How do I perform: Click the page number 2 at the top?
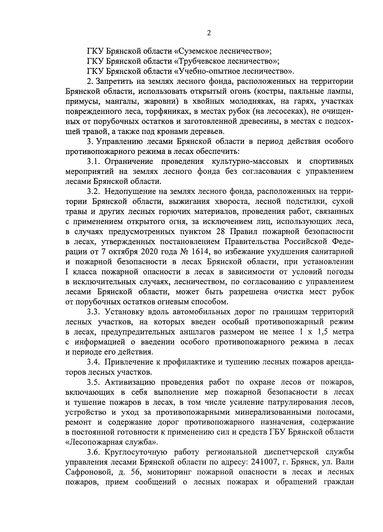pyautogui.click(x=209, y=33)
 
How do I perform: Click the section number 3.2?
pyautogui.click(x=94, y=191)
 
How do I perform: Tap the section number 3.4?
pyautogui.click(x=94, y=362)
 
